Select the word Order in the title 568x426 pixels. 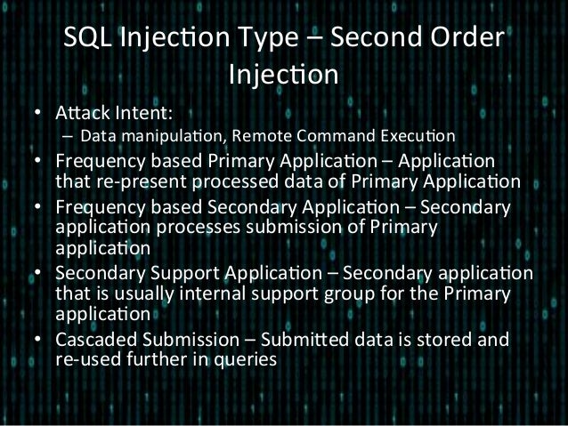click(465, 42)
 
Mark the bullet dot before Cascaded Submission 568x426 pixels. click(37, 340)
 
